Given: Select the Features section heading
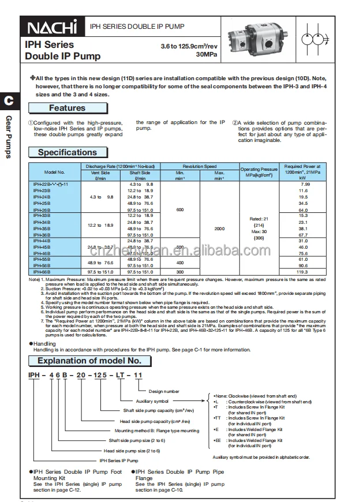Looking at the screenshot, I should (x=67, y=108).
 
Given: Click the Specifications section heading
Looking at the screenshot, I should (x=67, y=152).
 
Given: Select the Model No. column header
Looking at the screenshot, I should (x=54, y=172).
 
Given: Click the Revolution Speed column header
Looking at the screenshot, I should (x=199, y=166).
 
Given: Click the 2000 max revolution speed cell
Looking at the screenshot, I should (x=219, y=229).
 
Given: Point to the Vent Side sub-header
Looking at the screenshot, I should (x=100, y=172).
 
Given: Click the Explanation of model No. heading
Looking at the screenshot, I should (x=89, y=361).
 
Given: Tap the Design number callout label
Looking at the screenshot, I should (x=164, y=391).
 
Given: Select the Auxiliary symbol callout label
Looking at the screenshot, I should (x=152, y=400).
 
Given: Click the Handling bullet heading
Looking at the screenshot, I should (x=44, y=343).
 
